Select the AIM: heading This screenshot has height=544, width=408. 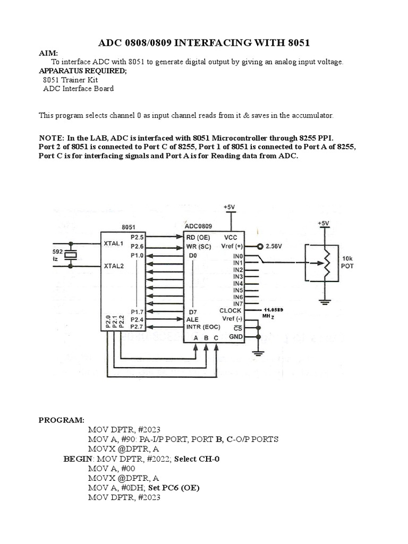tap(48, 53)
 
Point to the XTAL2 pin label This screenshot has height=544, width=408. tap(113, 266)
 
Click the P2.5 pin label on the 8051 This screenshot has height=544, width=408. tap(137, 236)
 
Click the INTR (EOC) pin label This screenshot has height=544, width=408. tap(205, 327)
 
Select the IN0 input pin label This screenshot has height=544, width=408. tap(237, 256)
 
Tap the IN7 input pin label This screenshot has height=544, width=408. tap(237, 303)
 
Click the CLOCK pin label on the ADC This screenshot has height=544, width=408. tap(231, 310)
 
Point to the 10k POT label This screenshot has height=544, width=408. tap(347, 263)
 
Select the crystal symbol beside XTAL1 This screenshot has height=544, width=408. tap(71, 254)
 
